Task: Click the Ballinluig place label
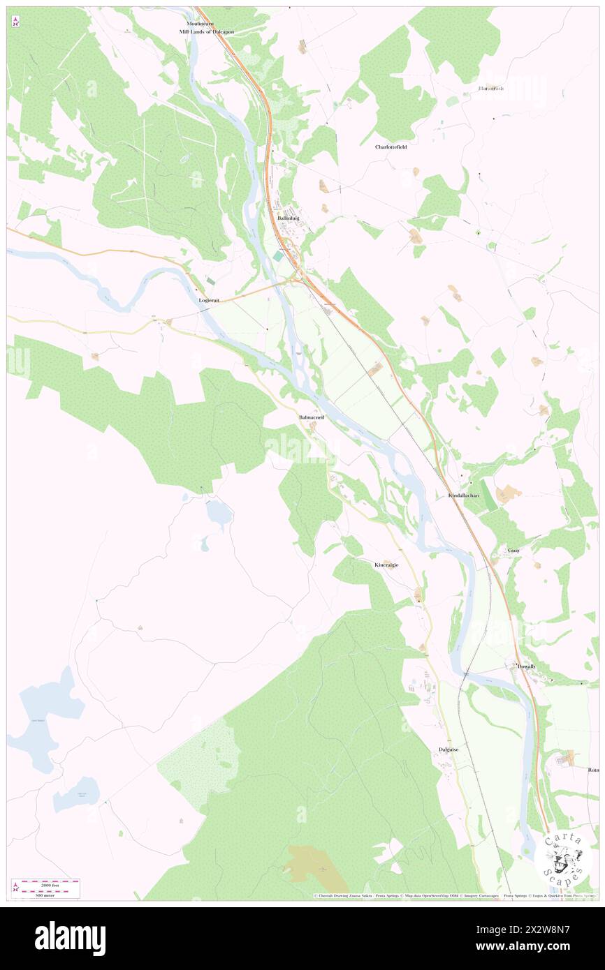tap(288, 218)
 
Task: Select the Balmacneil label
tap(311, 417)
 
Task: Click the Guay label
tap(513, 550)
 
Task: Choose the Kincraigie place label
tap(386, 564)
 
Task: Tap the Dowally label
tap(527, 666)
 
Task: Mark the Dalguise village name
tap(448, 749)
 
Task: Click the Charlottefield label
tap(391, 147)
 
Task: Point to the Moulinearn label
tap(191, 23)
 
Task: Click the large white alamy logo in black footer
tap(70, 938)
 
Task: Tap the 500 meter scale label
tap(45, 895)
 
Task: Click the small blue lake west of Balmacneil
tap(219, 514)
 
